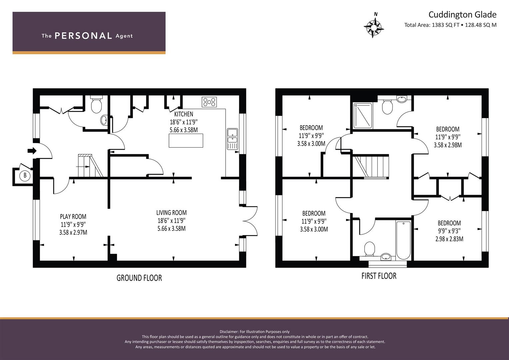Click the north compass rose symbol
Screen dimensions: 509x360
374,27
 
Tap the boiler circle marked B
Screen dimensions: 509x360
25,175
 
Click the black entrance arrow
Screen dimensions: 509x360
32,150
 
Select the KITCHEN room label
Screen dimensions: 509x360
184,114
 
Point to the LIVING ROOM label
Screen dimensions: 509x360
172,213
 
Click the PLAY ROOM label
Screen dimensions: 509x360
73,217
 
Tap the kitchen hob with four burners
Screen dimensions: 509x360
209,102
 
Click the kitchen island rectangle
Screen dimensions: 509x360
186,140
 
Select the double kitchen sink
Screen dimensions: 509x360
232,139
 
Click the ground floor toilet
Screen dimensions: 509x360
96,104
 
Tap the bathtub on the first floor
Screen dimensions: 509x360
404,240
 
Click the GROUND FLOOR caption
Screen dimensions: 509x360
139,278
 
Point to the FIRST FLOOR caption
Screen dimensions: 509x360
379,276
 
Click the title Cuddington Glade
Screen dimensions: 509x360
462,15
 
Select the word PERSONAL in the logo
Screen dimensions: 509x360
83,36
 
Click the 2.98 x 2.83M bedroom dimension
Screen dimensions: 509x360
449,239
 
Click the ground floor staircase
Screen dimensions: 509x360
90,165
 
